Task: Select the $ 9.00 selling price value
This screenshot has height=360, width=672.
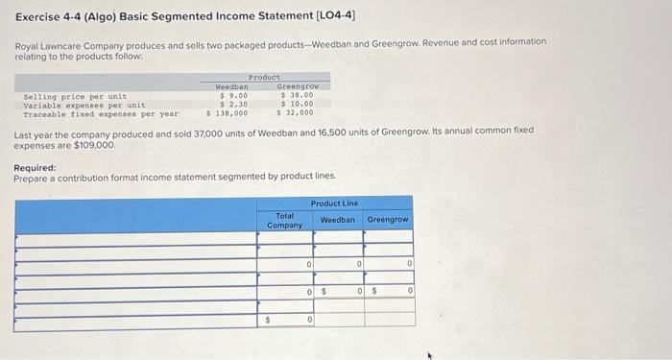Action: click(x=234, y=96)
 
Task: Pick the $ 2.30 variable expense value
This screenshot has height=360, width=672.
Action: click(x=234, y=105)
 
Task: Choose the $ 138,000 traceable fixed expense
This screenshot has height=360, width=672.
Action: click(x=228, y=113)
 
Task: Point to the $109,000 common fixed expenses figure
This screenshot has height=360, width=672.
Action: click(x=94, y=145)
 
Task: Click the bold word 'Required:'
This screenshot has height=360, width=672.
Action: click(x=35, y=167)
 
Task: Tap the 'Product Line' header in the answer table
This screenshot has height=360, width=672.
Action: click(x=334, y=203)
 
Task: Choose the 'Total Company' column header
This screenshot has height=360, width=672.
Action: click(x=284, y=220)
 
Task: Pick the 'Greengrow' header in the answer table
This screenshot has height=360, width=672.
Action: click(x=388, y=220)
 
